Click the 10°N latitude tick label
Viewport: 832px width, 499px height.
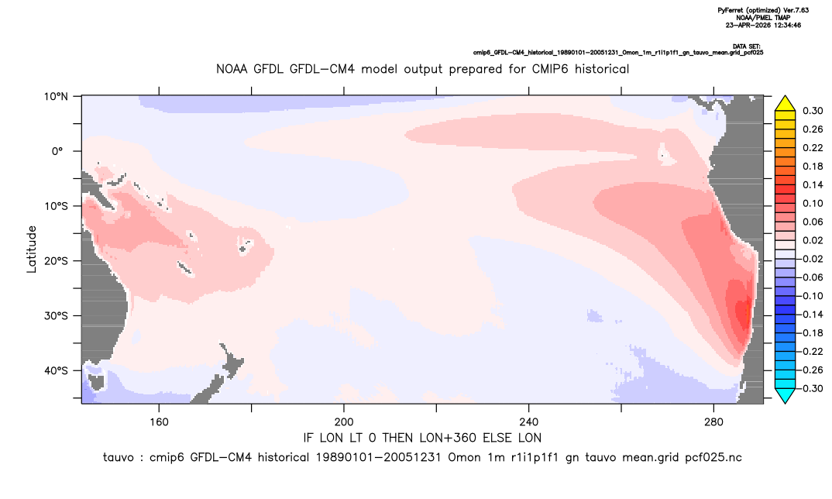[56, 97]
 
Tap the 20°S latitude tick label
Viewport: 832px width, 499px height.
[56, 261]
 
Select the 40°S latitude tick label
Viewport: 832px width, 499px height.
[56, 370]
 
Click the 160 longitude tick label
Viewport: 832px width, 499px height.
[159, 422]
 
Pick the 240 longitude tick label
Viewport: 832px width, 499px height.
[529, 422]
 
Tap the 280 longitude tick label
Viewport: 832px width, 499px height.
[713, 422]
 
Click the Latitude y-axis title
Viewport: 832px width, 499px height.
[32, 250]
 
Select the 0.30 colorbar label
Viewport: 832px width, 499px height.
[813, 111]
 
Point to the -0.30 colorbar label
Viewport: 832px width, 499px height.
[811, 388]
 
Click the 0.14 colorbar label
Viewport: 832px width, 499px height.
[813, 184]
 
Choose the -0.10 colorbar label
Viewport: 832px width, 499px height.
[811, 296]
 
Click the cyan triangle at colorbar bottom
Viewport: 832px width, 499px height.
[786, 395]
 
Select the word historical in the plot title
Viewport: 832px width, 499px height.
[602, 69]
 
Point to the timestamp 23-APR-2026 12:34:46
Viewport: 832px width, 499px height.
[764, 25]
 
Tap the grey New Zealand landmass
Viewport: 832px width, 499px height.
[218, 374]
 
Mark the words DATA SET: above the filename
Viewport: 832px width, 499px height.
[747, 46]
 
